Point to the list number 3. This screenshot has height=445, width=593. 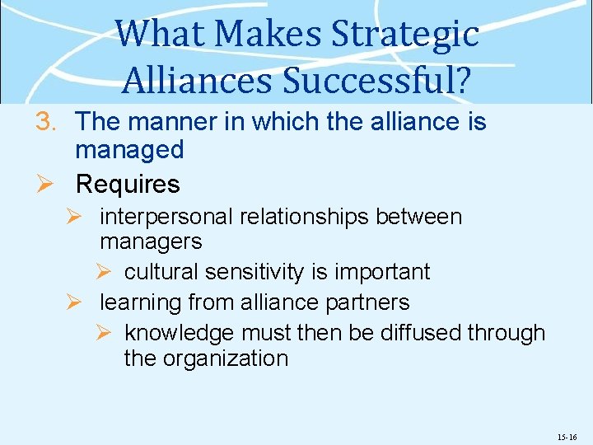point(46,122)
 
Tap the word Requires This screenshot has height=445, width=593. point(128,184)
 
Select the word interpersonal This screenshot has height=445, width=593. point(166,217)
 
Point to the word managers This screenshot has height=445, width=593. point(151,241)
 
